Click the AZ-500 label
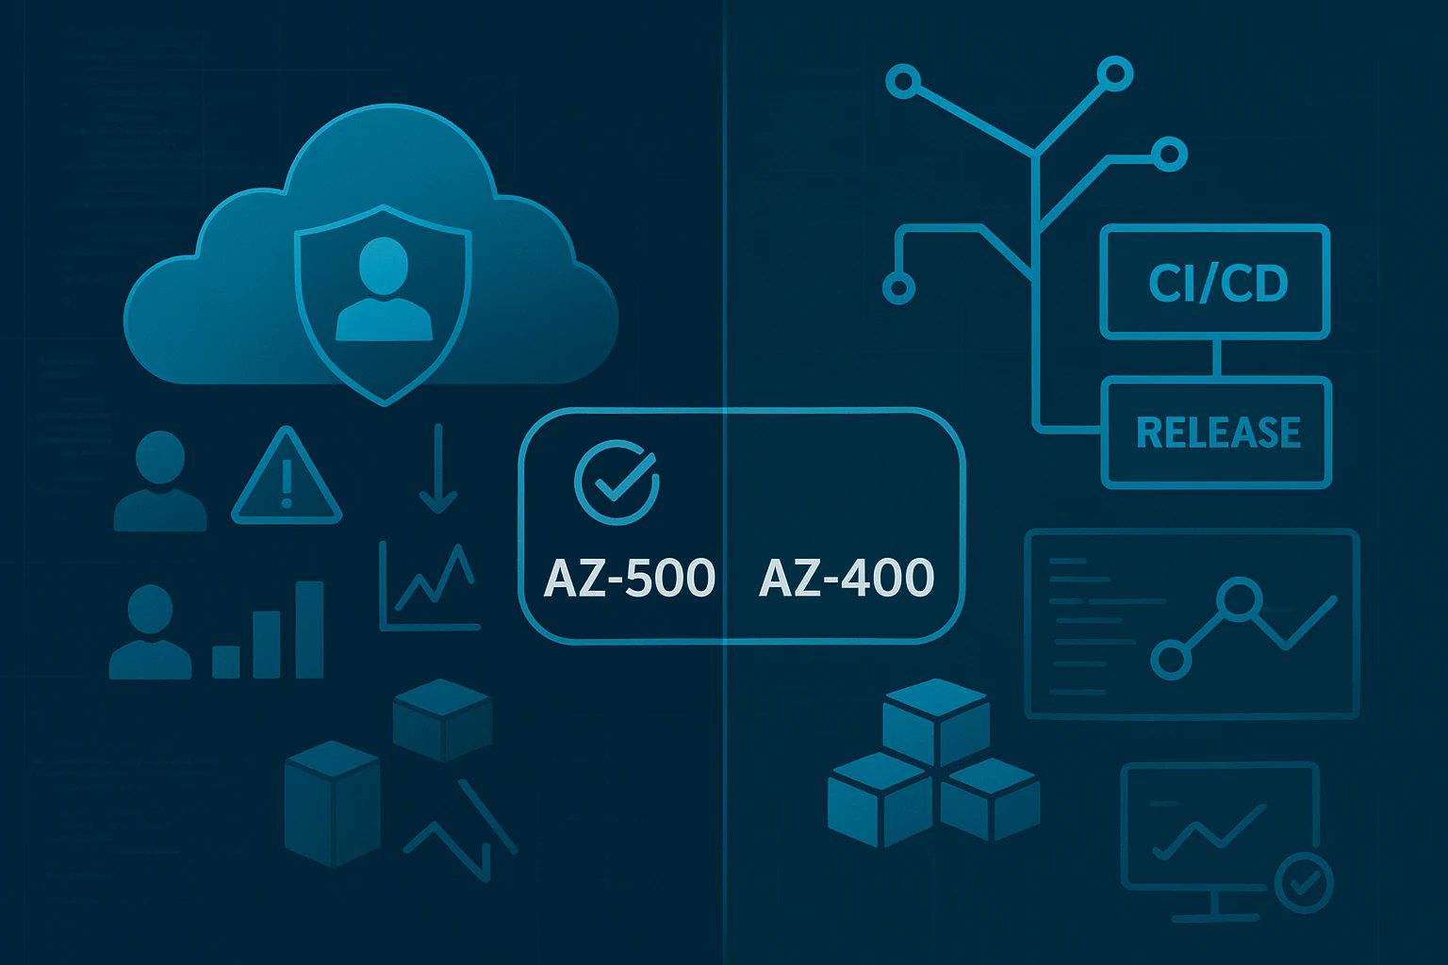pos(630,578)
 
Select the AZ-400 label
pos(847,578)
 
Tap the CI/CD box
pos(1215,282)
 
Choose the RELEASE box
pos(1217,433)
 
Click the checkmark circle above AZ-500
pos(617,482)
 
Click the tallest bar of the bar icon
pos(309,629)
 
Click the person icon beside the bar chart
pos(151,633)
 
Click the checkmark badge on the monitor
pos(1304,883)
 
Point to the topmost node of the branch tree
pos(1115,73)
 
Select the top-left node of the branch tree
pos(903,82)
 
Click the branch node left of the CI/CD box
pos(898,286)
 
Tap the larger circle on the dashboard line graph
pos(1238,597)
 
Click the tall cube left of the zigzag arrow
pos(331,804)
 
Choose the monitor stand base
pos(1216,917)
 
